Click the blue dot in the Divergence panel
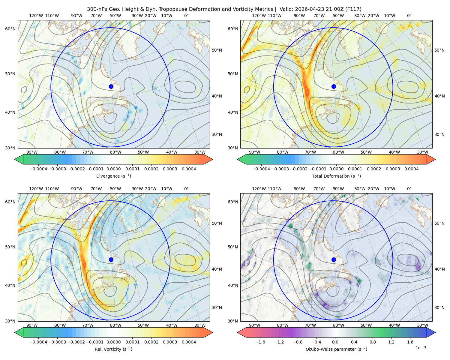[x=111, y=86]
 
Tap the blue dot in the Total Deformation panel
[x=334, y=86]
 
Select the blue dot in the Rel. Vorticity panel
[x=111, y=259]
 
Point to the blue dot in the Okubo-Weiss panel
[x=334, y=259]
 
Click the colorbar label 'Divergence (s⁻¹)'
[x=113, y=176]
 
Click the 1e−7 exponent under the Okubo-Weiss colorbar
[x=421, y=348]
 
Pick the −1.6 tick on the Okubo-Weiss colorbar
[x=260, y=342]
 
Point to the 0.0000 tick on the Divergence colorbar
[x=113, y=169]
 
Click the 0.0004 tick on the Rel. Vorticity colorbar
[x=189, y=342]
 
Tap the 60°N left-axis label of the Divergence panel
[x=10, y=29]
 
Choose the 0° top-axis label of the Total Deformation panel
[x=409, y=16]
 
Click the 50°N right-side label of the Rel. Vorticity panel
[x=217, y=223]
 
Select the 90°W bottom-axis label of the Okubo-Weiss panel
[x=254, y=325]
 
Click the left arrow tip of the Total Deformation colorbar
[x=237, y=159]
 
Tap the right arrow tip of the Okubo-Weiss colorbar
[x=435, y=332]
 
